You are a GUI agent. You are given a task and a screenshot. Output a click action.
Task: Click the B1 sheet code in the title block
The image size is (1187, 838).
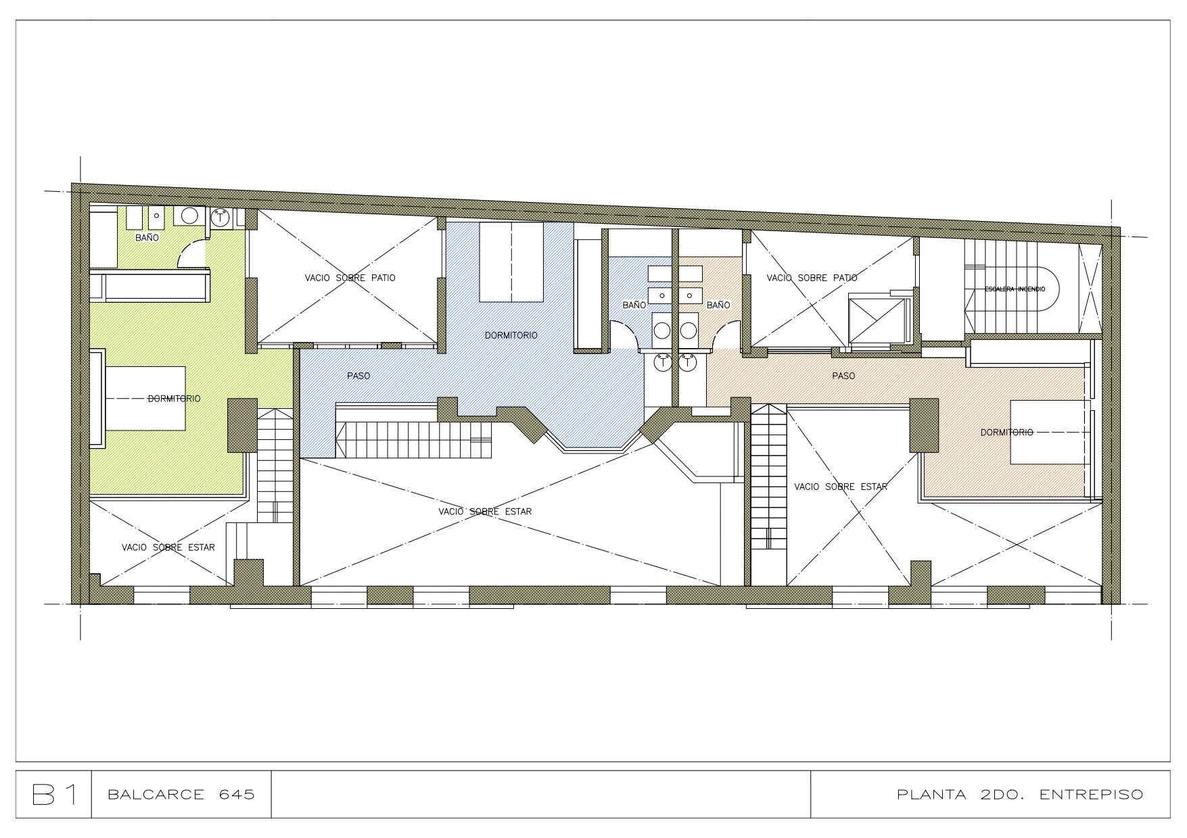(x=53, y=794)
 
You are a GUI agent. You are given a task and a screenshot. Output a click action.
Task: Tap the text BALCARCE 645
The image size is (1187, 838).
(x=181, y=794)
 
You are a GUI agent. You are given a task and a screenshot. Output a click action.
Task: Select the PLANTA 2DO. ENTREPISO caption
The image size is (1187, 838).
(x=1020, y=794)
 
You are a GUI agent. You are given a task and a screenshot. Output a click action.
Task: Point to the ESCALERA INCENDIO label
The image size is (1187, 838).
(x=1015, y=289)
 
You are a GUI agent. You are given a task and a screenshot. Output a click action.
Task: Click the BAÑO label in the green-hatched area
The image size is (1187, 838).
(x=147, y=238)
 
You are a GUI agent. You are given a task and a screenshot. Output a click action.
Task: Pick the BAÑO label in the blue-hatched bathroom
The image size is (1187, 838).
(x=634, y=305)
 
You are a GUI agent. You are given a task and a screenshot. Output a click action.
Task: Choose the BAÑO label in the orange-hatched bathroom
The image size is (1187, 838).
(x=718, y=305)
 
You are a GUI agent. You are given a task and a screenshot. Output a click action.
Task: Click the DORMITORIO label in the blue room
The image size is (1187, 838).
(x=511, y=335)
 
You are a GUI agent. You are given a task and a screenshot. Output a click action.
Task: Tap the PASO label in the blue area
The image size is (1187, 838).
(x=358, y=376)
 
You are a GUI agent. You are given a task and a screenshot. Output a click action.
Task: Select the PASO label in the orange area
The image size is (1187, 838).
(x=843, y=376)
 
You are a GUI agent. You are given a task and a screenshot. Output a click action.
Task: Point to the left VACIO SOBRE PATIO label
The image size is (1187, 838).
(x=350, y=278)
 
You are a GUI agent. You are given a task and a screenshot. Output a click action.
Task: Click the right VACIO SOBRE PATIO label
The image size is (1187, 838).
(x=812, y=278)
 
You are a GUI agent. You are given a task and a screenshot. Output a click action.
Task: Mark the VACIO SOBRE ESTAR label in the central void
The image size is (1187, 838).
(x=485, y=512)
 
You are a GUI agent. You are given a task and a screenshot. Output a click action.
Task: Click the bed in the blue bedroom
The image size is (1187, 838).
(x=511, y=264)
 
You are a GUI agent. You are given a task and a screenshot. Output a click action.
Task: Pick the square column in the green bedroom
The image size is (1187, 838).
(x=242, y=425)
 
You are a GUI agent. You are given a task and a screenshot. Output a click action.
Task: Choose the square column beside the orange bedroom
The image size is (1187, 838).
(x=924, y=425)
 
